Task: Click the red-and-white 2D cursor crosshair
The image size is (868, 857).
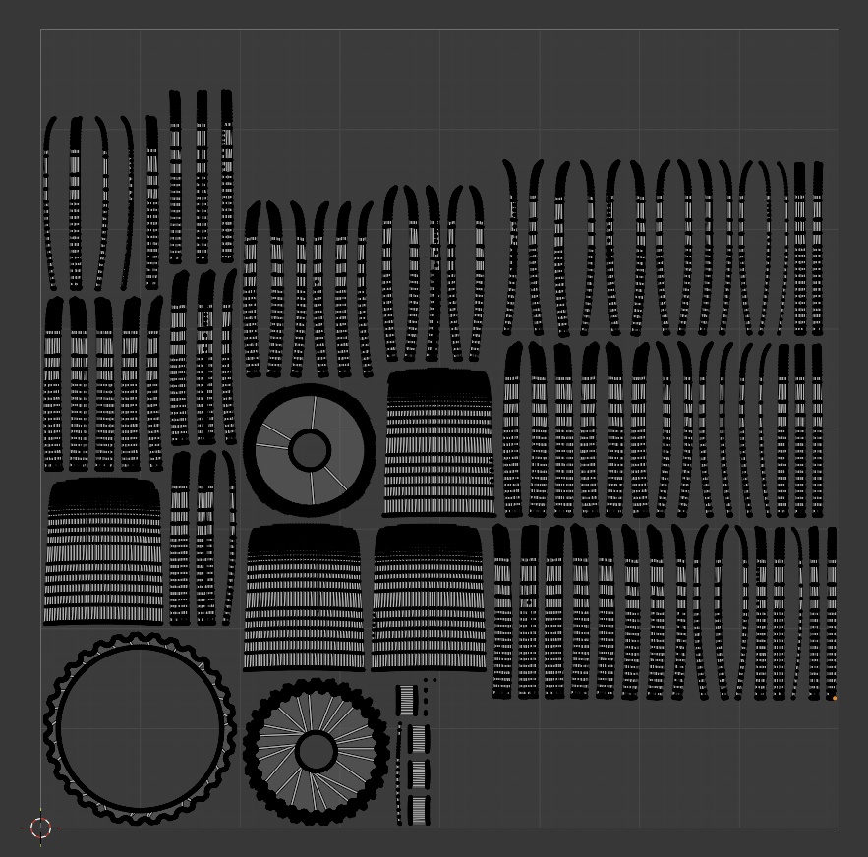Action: [x=40, y=828]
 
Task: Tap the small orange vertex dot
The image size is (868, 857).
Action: [x=835, y=698]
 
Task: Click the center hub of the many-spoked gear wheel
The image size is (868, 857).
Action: [x=316, y=751]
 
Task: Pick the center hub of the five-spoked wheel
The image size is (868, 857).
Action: [x=310, y=451]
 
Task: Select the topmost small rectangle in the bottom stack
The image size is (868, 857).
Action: [x=407, y=700]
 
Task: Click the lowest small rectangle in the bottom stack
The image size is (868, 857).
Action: [x=419, y=810]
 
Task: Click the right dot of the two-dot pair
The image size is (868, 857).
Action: [x=434, y=680]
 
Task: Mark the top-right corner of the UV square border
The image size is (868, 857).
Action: [x=839, y=30]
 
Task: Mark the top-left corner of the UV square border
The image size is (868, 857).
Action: [x=41, y=30]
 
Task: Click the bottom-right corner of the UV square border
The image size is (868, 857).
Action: [x=839, y=828]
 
